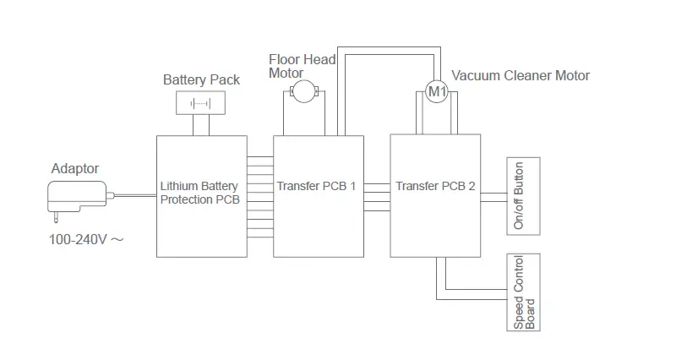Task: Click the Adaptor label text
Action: (75, 168)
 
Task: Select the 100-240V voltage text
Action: (78, 239)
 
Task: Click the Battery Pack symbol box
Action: (200, 102)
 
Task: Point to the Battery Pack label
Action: (201, 79)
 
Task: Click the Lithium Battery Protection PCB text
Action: (199, 193)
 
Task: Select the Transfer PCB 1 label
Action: (316, 186)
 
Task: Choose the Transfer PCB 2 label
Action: (435, 186)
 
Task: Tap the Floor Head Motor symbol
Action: (304, 91)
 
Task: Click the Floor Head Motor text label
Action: (303, 66)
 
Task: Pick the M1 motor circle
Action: (437, 91)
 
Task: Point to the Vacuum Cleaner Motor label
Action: (521, 75)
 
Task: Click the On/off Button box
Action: (523, 196)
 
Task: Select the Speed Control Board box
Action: (523, 292)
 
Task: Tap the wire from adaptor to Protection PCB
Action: (135, 196)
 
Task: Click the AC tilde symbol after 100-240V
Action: (117, 239)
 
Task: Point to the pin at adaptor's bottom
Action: (56, 218)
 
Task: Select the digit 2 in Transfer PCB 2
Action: (472, 186)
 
